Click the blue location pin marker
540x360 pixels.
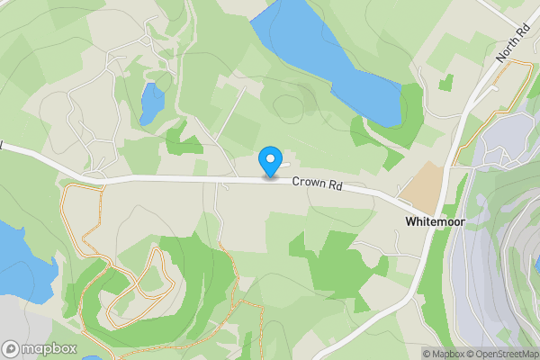point(269,162)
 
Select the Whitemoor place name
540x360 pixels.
point(434,220)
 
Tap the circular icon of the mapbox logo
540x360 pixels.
point(11,348)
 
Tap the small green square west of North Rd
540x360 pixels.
point(445,82)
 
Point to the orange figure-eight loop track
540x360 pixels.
point(135,283)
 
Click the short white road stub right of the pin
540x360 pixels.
point(283,165)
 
